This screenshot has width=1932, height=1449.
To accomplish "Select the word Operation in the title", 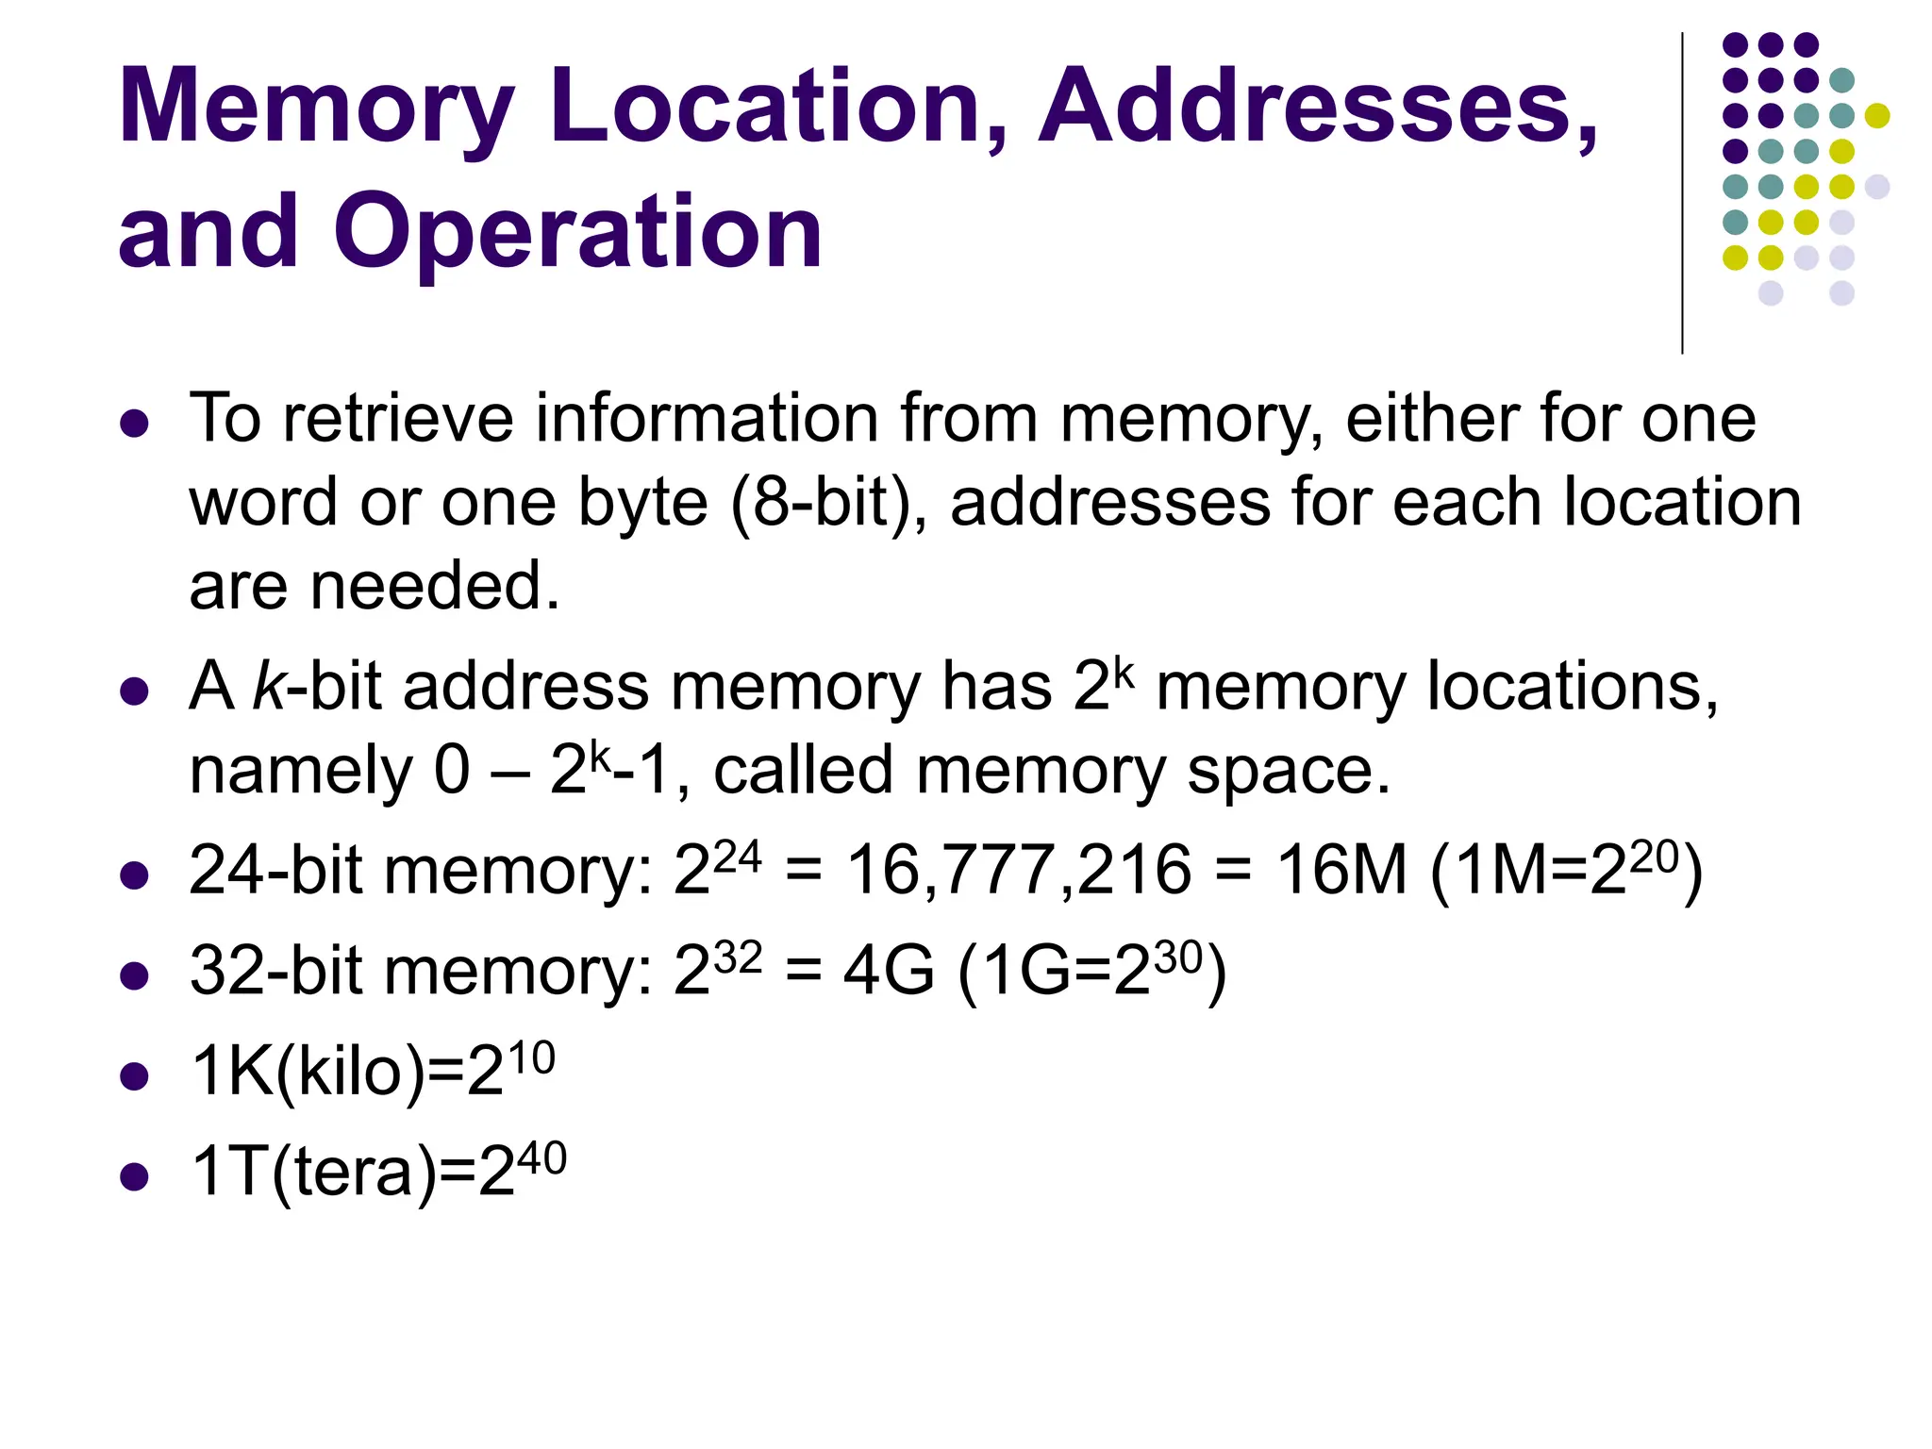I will coord(577,232).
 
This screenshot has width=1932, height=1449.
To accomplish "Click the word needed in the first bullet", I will coord(436,586).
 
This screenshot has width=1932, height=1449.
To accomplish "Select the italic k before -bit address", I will coord(268,686).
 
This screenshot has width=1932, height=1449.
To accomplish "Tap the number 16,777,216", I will coord(1019,870).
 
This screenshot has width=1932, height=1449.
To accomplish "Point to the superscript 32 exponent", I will coord(737,958).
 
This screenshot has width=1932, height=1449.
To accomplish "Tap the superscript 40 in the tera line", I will coord(541,1158).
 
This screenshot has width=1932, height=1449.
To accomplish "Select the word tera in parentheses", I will coord(354,1172).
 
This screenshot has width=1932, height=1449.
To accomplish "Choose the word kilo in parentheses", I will coord(350,1072).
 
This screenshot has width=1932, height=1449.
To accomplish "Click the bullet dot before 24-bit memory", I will coord(135,875).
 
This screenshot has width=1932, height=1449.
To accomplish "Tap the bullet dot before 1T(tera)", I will coord(135,1176).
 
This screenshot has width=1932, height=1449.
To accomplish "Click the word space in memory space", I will coord(1287,771).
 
